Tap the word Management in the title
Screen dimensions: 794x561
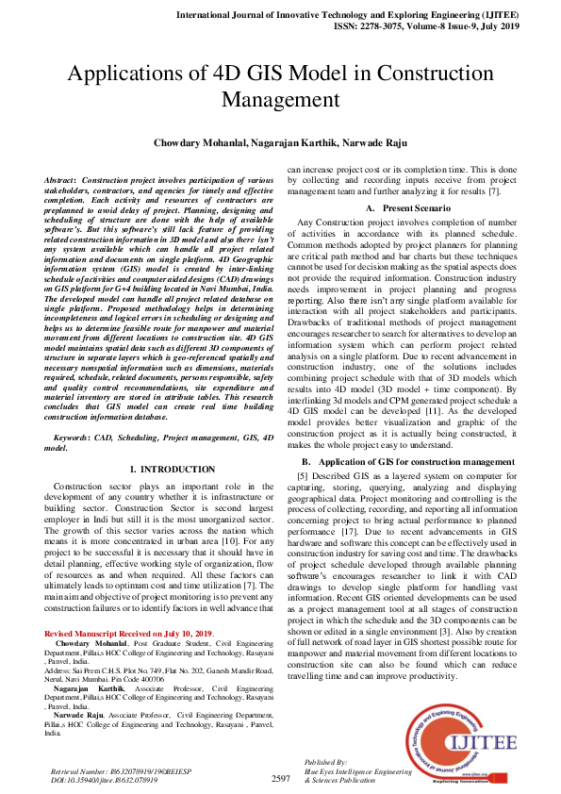tap(280, 100)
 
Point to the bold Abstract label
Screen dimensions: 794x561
tap(61, 178)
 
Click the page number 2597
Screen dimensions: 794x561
tap(280, 778)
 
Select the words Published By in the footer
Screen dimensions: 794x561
tap(326, 760)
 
